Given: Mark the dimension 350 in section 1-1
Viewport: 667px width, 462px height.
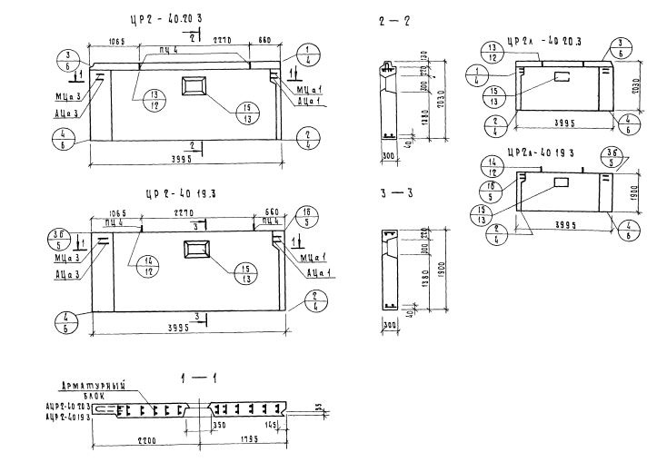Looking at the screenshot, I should pos(218,425).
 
